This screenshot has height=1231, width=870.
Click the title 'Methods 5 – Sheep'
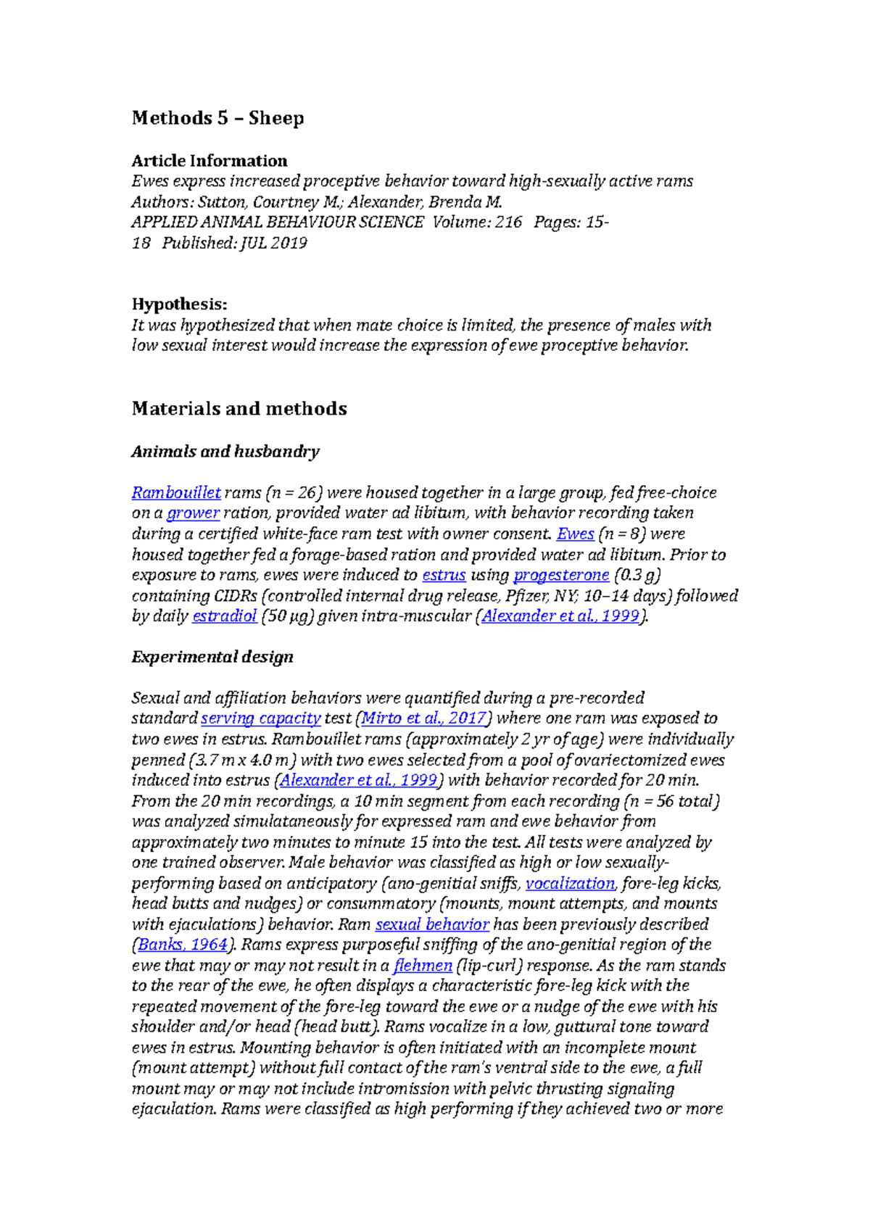pyautogui.click(x=217, y=118)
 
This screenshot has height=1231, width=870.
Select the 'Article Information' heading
pyautogui.click(x=209, y=161)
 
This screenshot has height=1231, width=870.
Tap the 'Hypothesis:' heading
pyautogui.click(x=179, y=304)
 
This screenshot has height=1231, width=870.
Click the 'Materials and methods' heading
pyautogui.click(x=239, y=409)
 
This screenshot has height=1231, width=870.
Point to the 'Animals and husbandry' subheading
pyautogui.click(x=225, y=452)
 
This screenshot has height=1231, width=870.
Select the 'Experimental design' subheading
pyautogui.click(x=212, y=657)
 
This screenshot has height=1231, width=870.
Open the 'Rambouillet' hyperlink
pyautogui.click(x=175, y=493)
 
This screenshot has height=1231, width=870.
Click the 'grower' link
pyautogui.click(x=193, y=513)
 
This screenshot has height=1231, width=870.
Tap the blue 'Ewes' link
pyautogui.click(x=575, y=534)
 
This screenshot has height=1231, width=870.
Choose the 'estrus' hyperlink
pyautogui.click(x=444, y=576)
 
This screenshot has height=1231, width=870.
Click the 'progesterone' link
pyautogui.click(x=561, y=576)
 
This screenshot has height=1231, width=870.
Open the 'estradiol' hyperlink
pyautogui.click(x=224, y=617)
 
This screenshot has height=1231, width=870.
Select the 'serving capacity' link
pyautogui.click(x=260, y=718)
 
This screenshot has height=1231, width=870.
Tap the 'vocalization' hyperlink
pyautogui.click(x=570, y=884)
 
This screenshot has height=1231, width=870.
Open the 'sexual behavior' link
pyautogui.click(x=431, y=925)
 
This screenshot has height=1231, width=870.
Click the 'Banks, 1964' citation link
pyautogui.click(x=182, y=945)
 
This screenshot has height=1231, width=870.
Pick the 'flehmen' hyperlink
pyautogui.click(x=423, y=966)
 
